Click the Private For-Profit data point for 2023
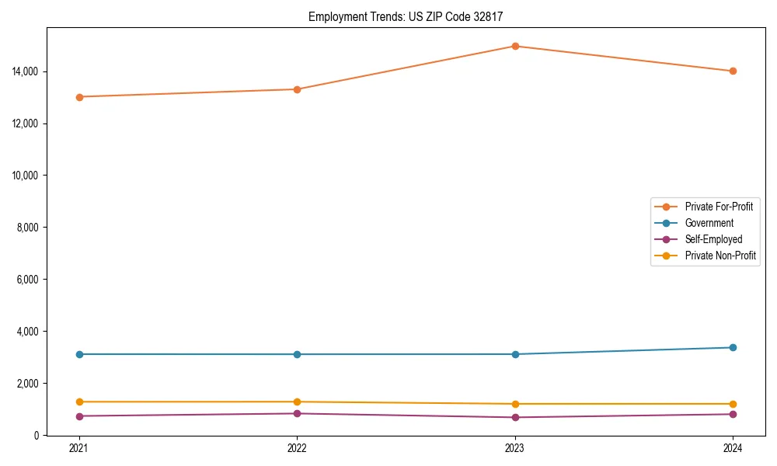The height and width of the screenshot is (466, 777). [x=515, y=46]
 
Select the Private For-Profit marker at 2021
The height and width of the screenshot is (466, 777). [x=79, y=97]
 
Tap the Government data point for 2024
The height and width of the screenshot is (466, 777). [x=733, y=347]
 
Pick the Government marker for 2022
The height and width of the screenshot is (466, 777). [x=297, y=354]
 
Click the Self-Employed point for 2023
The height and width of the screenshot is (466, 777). [x=515, y=417]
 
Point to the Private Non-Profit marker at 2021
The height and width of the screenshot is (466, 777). [x=79, y=402]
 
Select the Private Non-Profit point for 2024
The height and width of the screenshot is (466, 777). [x=733, y=404]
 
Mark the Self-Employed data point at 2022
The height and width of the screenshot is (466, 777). [x=297, y=413]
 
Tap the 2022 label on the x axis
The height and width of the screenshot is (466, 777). [x=297, y=448]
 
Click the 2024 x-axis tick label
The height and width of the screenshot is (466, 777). [x=733, y=448]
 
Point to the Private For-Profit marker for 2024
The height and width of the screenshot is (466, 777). [x=733, y=71]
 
